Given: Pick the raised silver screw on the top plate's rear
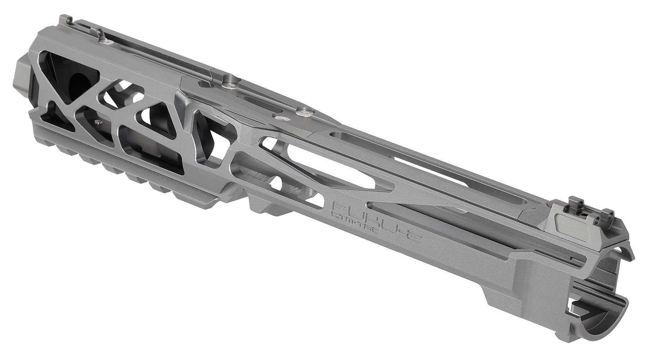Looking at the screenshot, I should (x=305, y=113).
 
